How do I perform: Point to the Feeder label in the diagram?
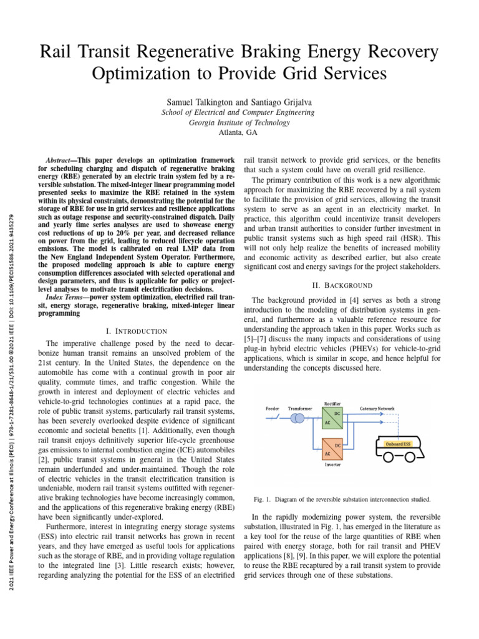tap(273, 408)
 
